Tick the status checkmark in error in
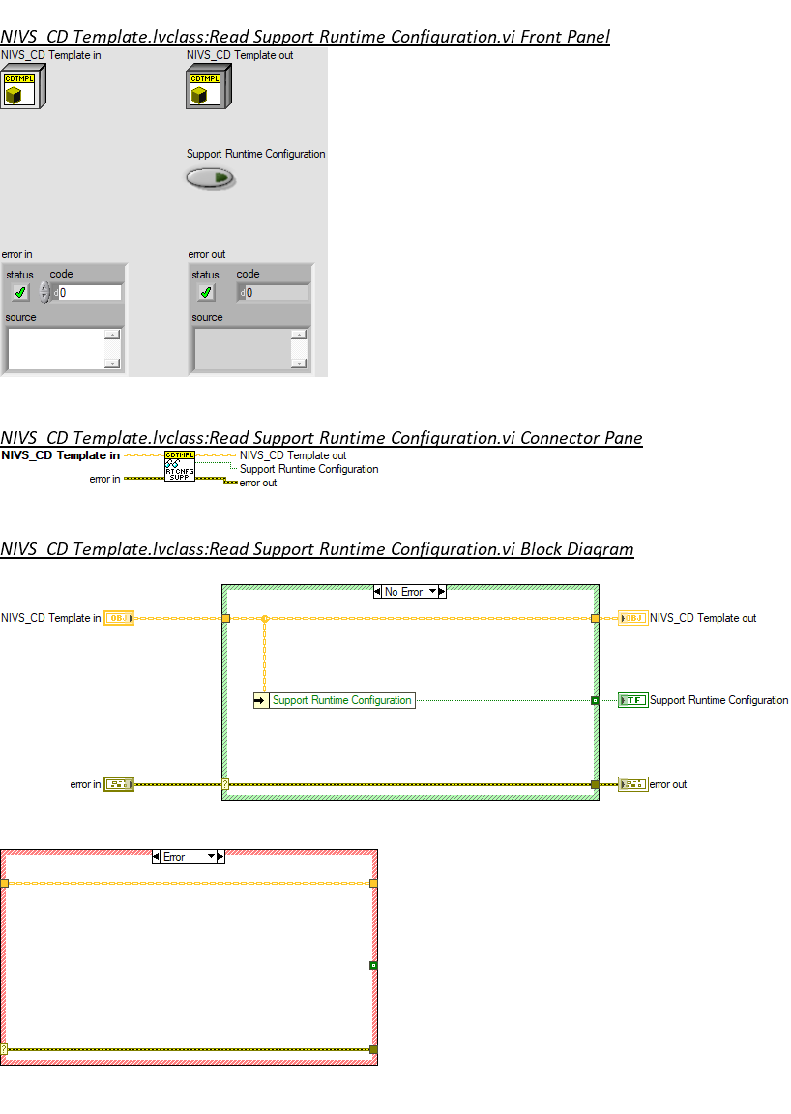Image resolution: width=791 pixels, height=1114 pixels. click(20, 292)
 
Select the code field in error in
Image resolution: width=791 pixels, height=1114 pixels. click(89, 292)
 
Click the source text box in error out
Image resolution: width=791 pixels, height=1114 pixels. click(243, 348)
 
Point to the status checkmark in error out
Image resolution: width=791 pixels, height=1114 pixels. click(206, 292)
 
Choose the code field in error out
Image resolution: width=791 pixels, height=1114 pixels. click(276, 292)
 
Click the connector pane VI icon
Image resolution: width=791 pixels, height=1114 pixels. click(180, 466)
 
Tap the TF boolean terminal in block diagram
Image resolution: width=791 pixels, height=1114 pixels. click(633, 700)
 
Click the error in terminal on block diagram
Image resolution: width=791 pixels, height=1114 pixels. click(119, 784)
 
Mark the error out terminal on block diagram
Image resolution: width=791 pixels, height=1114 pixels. click(633, 784)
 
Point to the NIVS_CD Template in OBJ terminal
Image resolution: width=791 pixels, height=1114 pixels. click(119, 618)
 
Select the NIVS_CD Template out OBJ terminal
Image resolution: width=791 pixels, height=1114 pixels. click(633, 618)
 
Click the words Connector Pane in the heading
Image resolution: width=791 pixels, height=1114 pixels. click(580, 438)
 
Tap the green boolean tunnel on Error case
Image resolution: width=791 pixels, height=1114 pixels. click(373, 965)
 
